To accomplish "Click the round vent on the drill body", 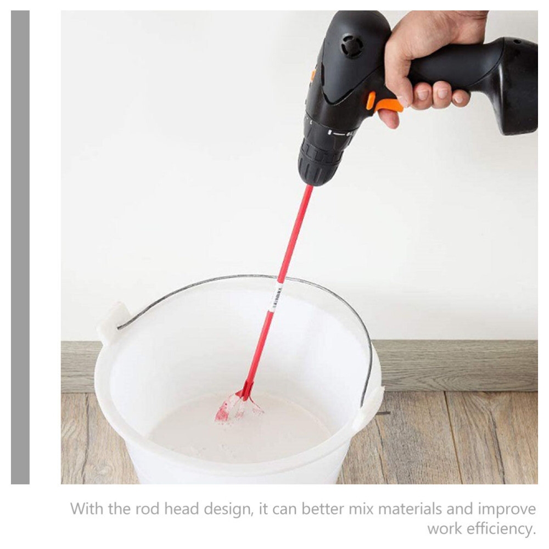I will click(351, 46).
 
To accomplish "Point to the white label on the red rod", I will click(276, 297).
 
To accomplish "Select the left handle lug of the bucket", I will click(113, 323).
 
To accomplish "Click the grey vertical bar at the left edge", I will click(20, 247).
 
